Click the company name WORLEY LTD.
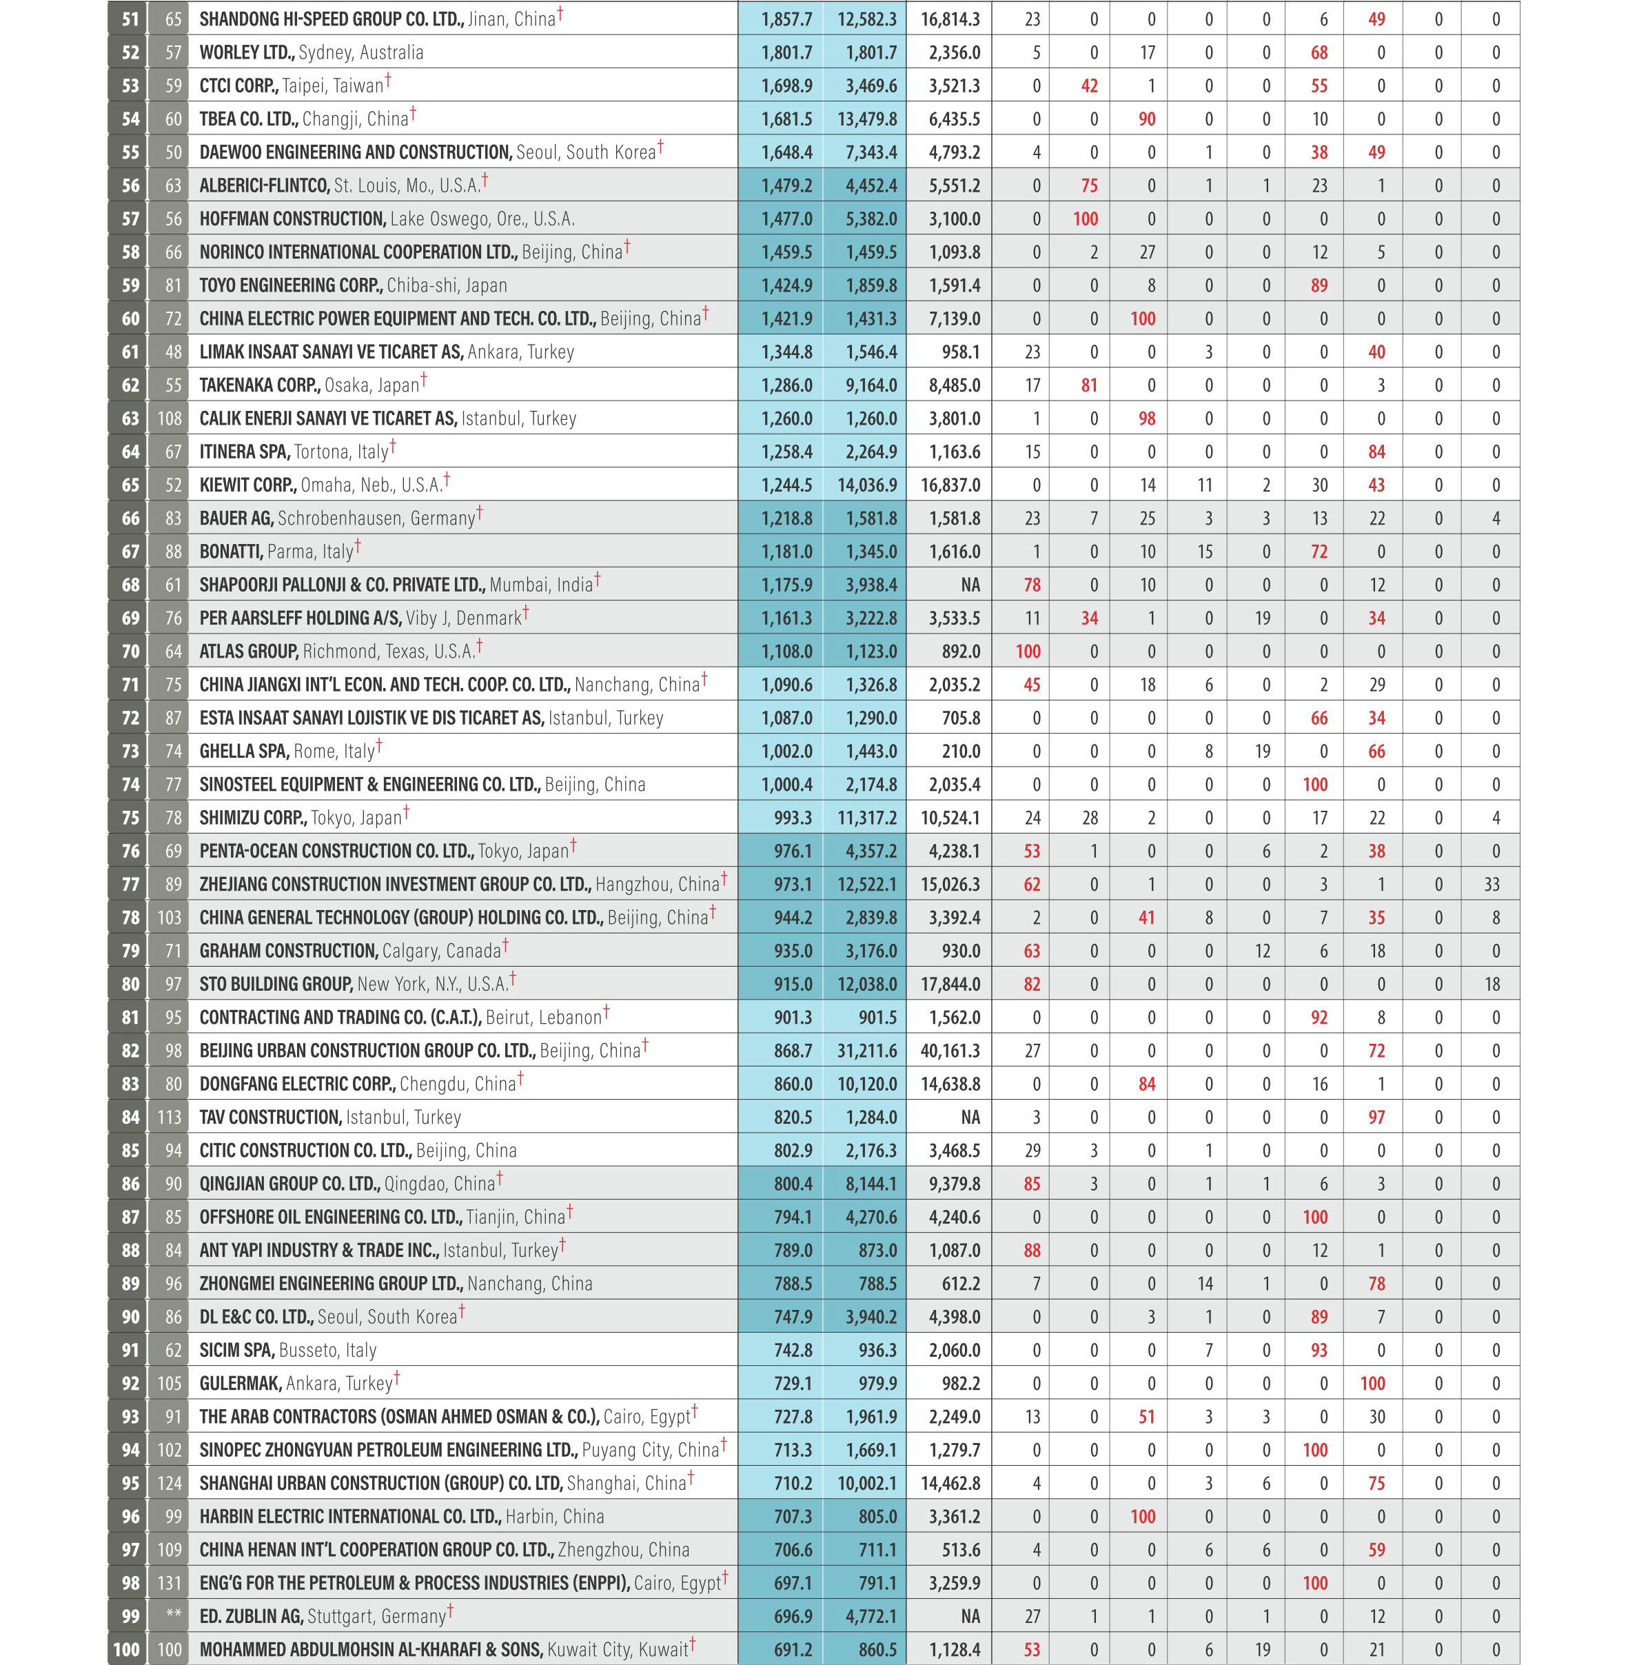coord(246,53)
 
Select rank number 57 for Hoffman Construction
coord(130,219)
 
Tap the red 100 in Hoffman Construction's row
coord(1085,219)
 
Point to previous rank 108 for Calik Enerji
coord(170,419)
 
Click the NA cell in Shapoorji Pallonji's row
coord(970,585)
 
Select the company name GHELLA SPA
coord(244,751)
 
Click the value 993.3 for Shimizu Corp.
coord(793,818)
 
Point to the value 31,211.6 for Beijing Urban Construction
coord(867,1051)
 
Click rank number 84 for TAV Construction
coord(130,1118)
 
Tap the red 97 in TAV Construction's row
coord(1376,1118)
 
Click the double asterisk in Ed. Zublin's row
coord(174,1615)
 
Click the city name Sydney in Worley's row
coord(325,53)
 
